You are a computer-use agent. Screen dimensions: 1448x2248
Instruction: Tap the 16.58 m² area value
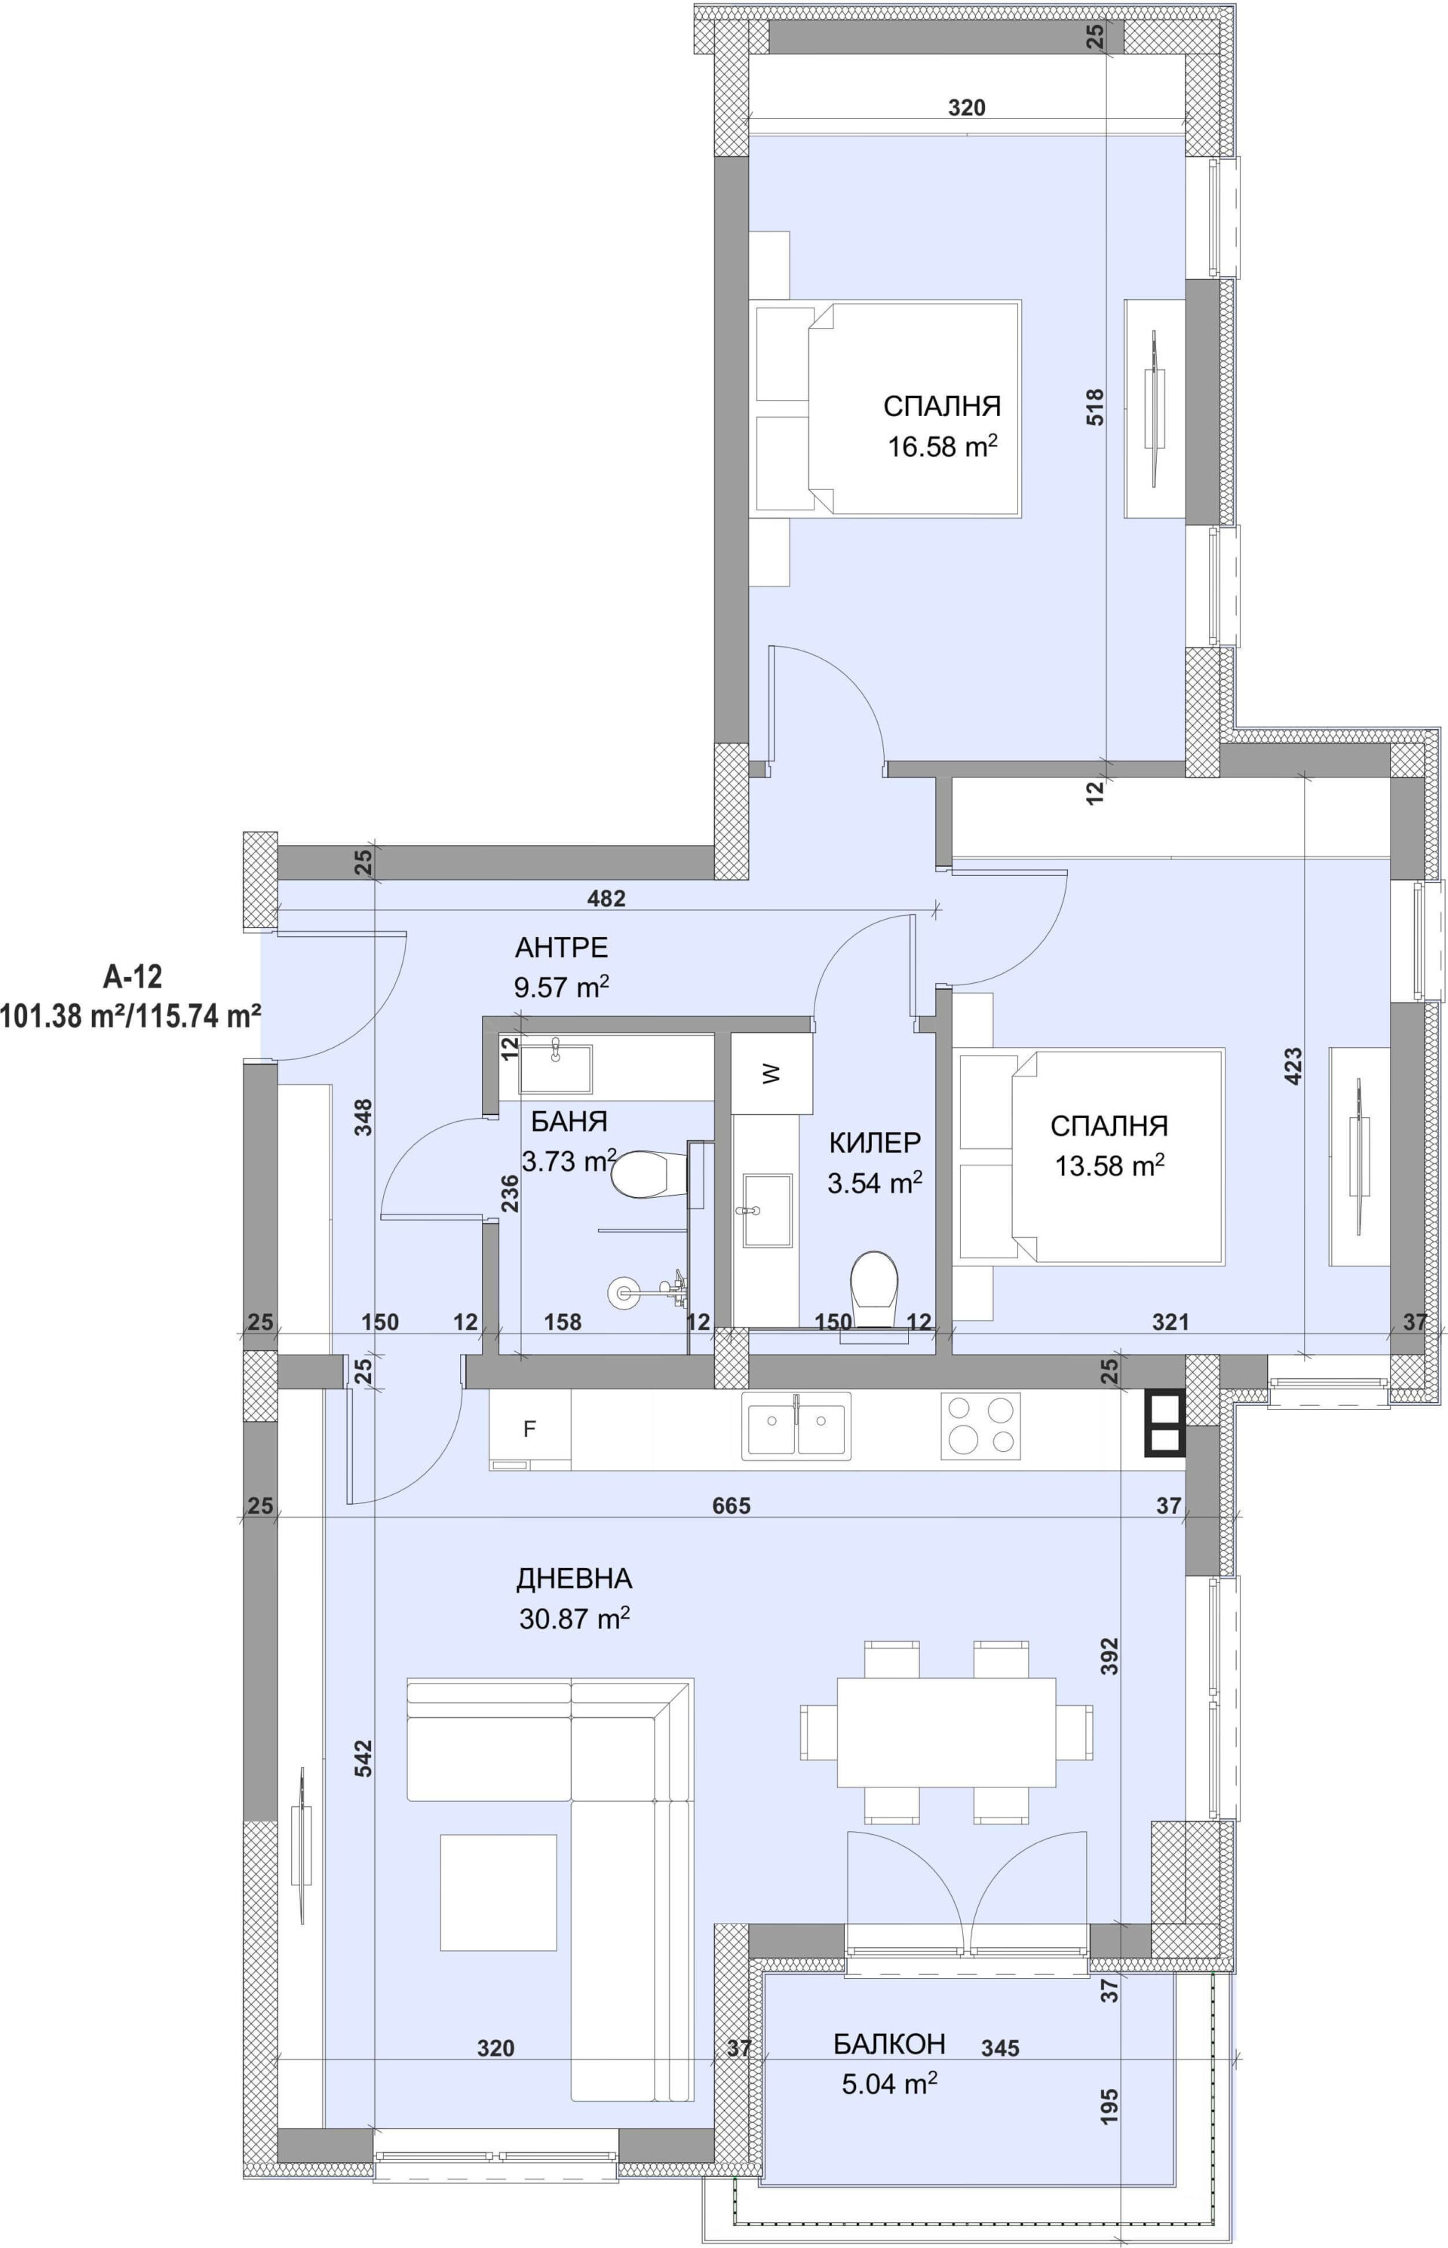(x=942, y=446)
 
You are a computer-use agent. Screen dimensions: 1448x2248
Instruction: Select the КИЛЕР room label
(x=874, y=1143)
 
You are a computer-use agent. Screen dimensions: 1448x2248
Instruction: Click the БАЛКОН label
(x=888, y=2044)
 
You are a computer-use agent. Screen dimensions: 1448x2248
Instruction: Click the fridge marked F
(x=530, y=1429)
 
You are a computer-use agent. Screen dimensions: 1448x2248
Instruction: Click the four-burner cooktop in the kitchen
(x=980, y=1426)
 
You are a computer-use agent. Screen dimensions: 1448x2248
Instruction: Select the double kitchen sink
(x=796, y=1426)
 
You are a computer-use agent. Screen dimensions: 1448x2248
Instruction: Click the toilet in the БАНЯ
(x=641, y=1175)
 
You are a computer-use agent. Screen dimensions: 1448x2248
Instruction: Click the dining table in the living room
(x=946, y=1732)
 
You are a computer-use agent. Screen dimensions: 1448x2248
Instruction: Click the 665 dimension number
(x=732, y=1506)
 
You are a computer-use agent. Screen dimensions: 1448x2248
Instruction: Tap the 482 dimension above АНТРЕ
(x=606, y=899)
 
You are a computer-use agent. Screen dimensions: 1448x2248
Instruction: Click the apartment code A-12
(x=133, y=978)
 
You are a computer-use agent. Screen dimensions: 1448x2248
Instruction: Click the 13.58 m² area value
(x=1109, y=1166)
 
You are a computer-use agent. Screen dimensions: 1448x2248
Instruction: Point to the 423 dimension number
(x=1294, y=1067)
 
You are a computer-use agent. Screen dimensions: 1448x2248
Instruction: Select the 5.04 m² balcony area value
(x=889, y=2085)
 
